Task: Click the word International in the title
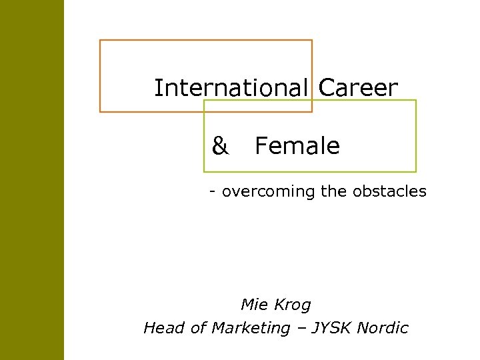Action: [x=231, y=87]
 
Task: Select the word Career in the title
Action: [x=359, y=87]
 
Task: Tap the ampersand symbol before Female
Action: [x=220, y=146]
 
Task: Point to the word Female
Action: [x=297, y=146]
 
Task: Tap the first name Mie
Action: [x=253, y=305]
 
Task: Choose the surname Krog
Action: [x=293, y=305]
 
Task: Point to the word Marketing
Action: [x=251, y=328]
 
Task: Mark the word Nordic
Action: [x=383, y=327]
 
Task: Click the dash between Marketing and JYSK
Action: [x=301, y=328]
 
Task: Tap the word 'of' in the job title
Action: [x=197, y=327]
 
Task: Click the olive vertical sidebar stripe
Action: [x=31, y=180]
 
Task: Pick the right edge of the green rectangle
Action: [x=416, y=136]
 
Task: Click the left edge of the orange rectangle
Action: [x=100, y=76]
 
